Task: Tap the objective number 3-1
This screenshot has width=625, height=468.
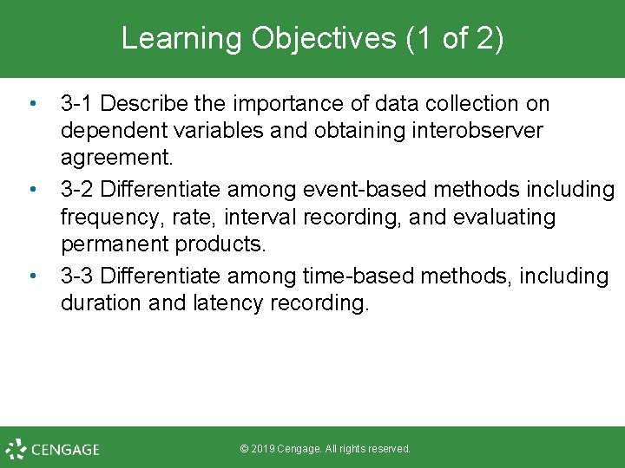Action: click(x=78, y=104)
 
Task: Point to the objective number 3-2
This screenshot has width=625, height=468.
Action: click(x=78, y=190)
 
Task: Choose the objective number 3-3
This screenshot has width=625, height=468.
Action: click(x=78, y=276)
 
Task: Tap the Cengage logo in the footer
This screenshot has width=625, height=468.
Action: click(x=52, y=449)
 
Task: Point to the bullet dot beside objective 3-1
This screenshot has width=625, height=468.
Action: click(x=32, y=103)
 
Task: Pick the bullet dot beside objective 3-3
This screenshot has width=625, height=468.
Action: click(x=32, y=276)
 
